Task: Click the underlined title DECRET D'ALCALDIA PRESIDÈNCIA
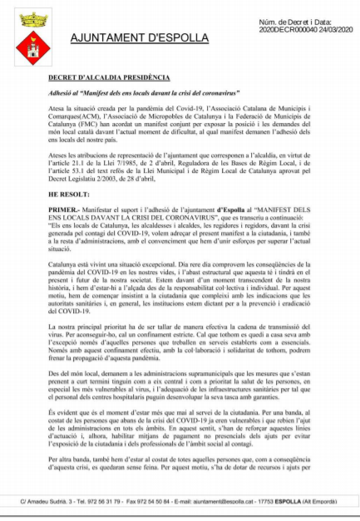(98, 76)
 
